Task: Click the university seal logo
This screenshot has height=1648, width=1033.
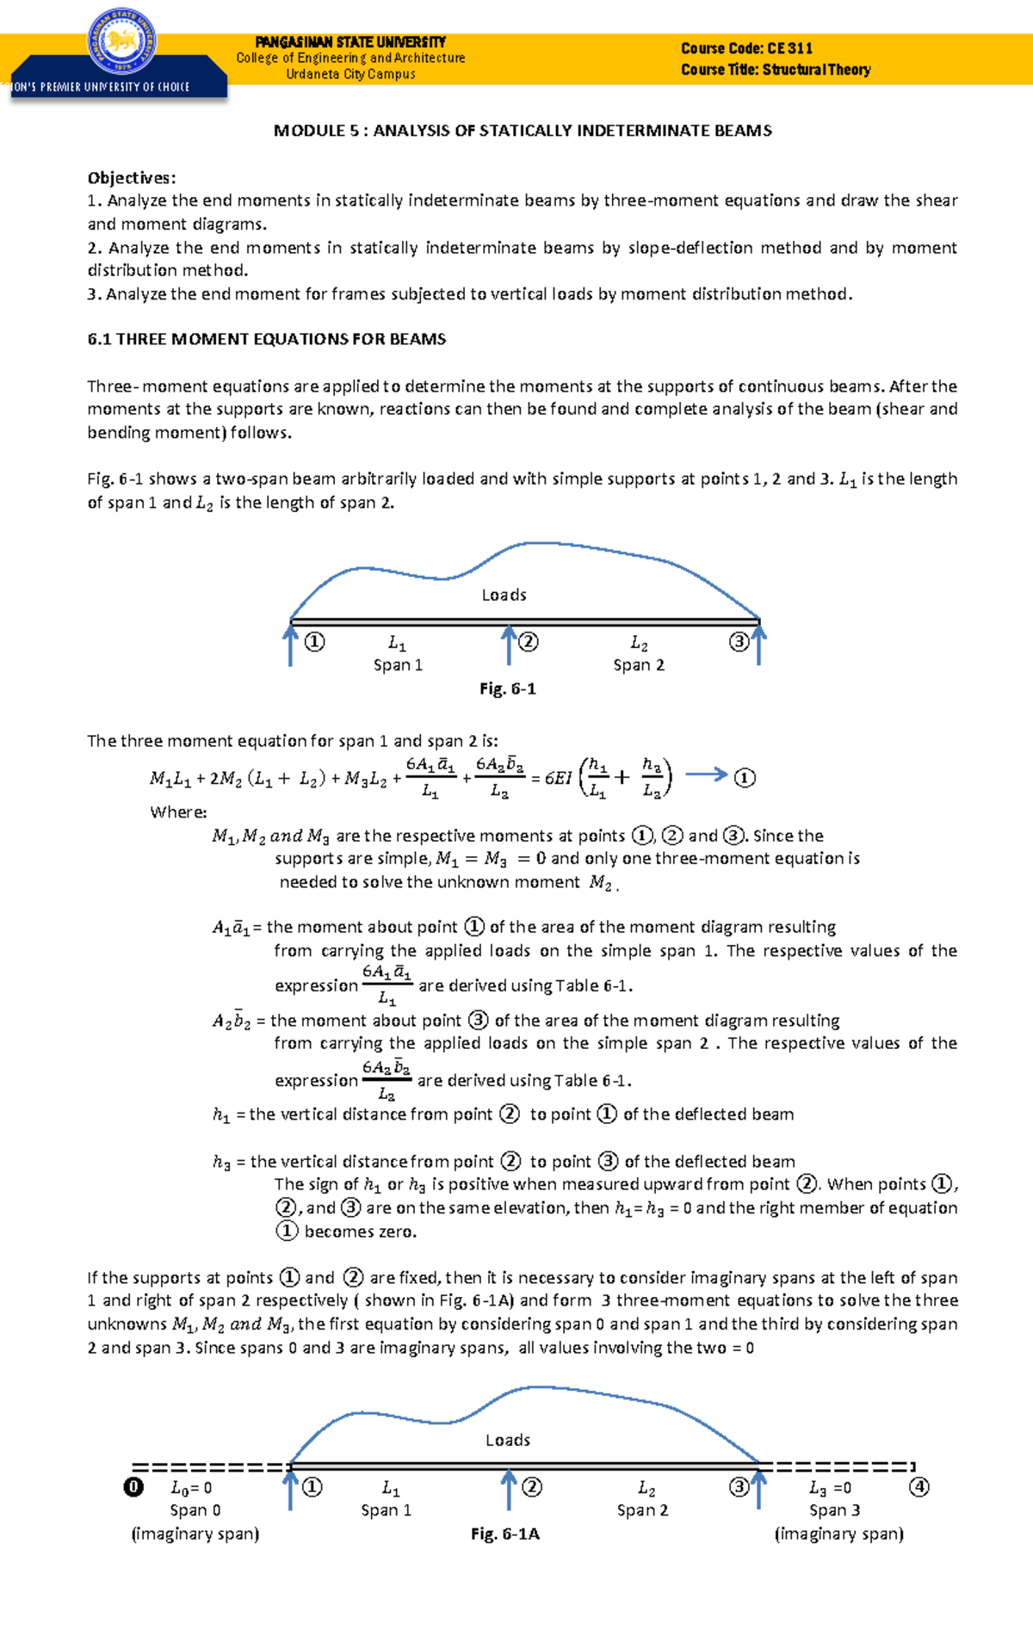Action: tap(121, 40)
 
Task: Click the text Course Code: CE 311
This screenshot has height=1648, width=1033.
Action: tap(746, 48)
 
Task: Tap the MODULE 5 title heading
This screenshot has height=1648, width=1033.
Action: tap(523, 131)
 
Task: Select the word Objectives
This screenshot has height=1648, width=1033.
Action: tap(131, 178)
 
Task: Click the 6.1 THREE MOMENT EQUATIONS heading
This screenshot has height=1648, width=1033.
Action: tap(266, 339)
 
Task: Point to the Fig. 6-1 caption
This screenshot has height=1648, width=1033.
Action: tap(507, 688)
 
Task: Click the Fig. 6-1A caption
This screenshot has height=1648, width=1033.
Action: tap(504, 1534)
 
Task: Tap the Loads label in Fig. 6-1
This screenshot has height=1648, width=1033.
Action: tap(504, 595)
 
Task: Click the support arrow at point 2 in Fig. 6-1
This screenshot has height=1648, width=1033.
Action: tap(509, 645)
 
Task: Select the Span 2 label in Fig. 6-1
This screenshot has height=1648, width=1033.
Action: tap(639, 665)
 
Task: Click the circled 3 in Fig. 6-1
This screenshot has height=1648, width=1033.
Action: tap(739, 641)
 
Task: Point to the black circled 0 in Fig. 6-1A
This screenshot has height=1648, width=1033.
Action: tap(133, 1487)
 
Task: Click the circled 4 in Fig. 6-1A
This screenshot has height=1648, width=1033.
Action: tap(919, 1487)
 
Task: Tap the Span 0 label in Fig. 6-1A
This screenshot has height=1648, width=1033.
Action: tap(195, 1510)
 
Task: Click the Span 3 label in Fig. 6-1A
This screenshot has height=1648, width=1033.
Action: tap(834, 1510)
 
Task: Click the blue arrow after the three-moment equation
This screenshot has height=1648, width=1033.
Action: tap(706, 775)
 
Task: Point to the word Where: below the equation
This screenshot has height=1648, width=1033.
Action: tap(178, 812)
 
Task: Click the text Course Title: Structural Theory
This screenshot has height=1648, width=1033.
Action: tap(775, 70)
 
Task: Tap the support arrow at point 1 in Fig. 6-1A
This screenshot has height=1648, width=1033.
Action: tap(290, 1491)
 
